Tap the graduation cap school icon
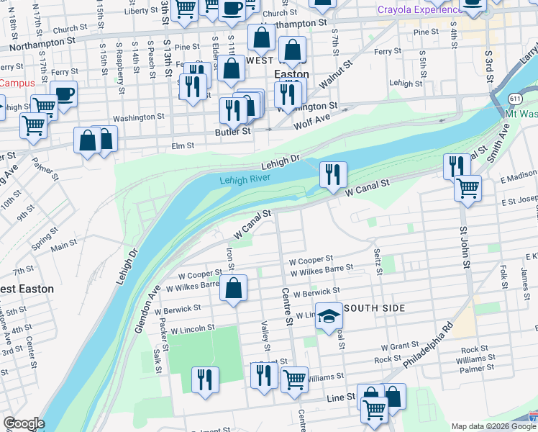click(x=329, y=318)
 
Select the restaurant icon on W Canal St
click(x=333, y=174)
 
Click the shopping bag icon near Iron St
click(x=234, y=289)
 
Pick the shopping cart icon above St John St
click(x=468, y=189)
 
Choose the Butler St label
click(x=232, y=132)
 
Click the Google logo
click(x=24, y=423)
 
